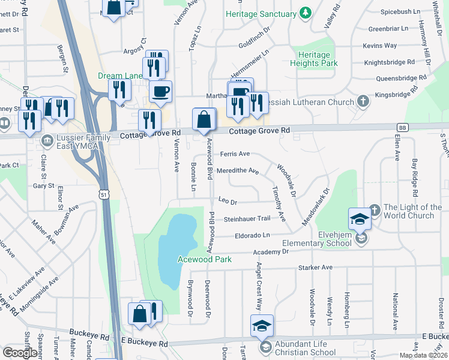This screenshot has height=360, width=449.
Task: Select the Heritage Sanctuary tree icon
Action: pos(306,13)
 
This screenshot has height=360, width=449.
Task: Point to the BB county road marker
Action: pos(402,127)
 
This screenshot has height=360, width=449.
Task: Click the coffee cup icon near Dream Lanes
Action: pos(160,92)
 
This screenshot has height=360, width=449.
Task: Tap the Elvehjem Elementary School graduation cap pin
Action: pos(360,218)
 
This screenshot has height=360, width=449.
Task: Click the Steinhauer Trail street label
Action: pos(247,220)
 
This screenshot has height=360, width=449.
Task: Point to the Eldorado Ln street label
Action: pos(252,235)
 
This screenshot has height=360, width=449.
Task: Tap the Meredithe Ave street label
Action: pos(238,171)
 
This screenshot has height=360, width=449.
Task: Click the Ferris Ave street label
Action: pos(235,154)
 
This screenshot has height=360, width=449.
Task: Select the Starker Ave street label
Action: pos(318,267)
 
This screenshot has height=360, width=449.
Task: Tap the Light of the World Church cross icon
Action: pos(374,209)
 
